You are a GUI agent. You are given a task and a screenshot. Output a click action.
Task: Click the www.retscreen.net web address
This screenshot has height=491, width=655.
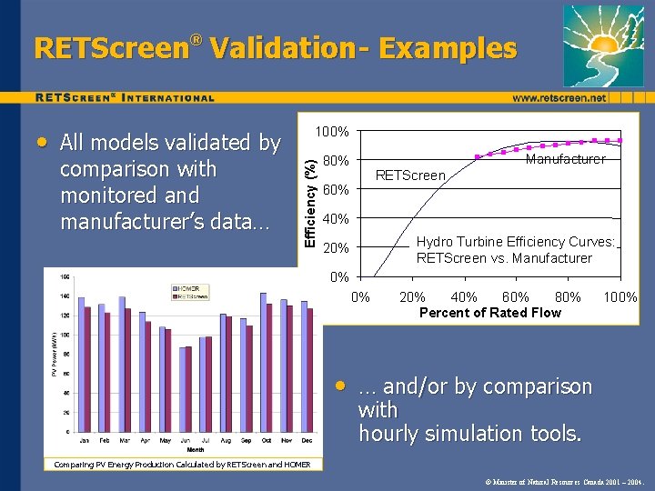coord(559,97)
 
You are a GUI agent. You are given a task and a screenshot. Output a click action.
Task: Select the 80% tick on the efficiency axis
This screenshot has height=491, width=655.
coord(336,162)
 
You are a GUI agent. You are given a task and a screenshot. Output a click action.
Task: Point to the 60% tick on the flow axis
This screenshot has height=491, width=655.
coord(516,296)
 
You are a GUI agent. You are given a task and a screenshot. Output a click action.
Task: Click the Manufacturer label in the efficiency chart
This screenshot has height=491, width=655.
coord(565,159)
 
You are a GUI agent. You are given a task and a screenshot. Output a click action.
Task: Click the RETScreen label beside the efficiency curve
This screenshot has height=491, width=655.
coord(410,175)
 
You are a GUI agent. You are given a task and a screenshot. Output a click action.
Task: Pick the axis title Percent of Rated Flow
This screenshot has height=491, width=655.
coord(490,313)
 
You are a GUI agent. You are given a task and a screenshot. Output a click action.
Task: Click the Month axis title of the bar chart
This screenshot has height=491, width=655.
coord(196,449)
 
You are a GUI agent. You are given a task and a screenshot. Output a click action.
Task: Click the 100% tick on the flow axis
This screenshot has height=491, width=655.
coord(620,296)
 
